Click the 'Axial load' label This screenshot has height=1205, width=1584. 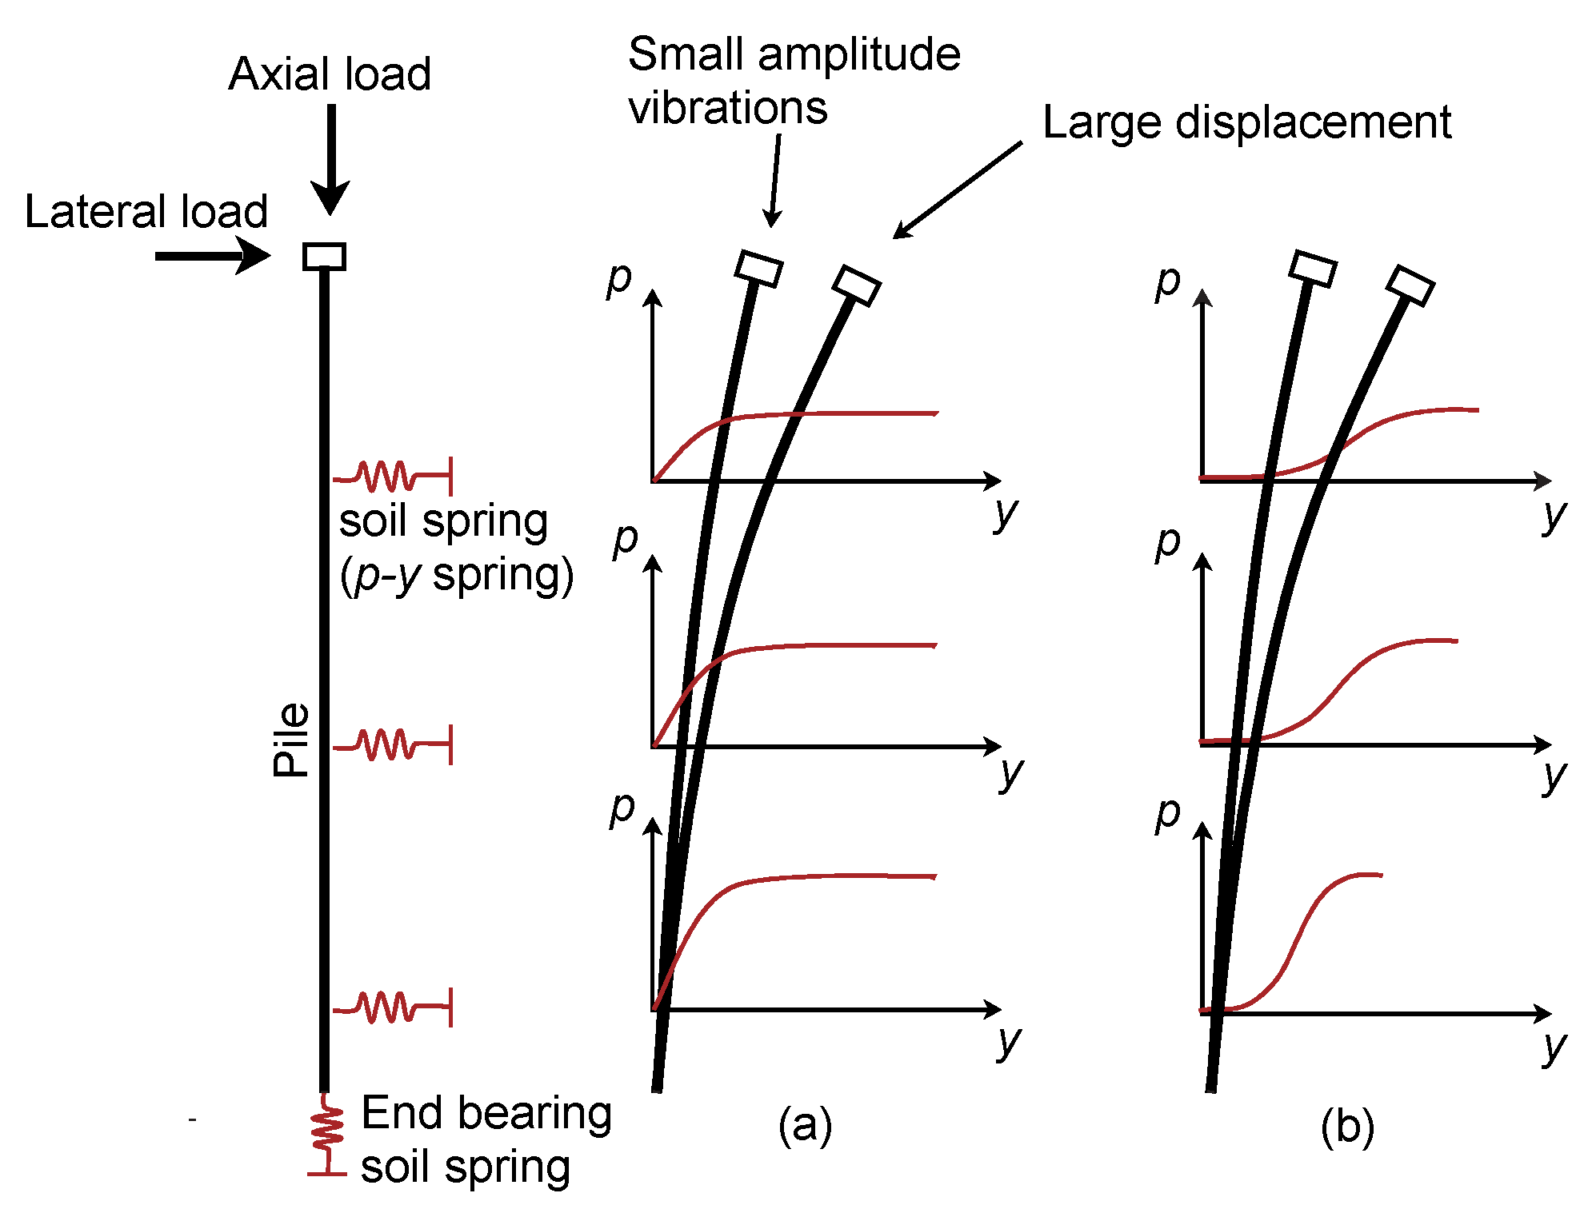coord(330,74)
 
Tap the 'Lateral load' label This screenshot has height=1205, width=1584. coord(146,212)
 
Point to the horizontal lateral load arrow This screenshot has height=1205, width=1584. coord(212,257)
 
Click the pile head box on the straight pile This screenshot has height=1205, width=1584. coord(324,257)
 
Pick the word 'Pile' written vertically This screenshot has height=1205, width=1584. coord(290,740)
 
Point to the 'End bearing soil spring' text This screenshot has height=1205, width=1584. coord(485,1139)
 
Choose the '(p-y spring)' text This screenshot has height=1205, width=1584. coord(457,576)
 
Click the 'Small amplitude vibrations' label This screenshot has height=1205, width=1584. coord(794,80)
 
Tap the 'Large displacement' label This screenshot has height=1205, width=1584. coord(1246,122)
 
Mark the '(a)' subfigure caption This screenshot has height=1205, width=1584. coord(805,1126)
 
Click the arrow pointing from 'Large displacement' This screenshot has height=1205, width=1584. coord(957,190)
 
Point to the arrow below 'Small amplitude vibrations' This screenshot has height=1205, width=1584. coord(774,180)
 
